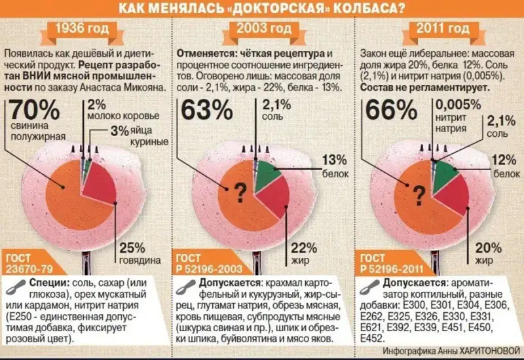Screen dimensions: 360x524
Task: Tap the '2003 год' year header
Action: point(263,29)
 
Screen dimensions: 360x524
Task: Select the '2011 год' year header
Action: point(443,29)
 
